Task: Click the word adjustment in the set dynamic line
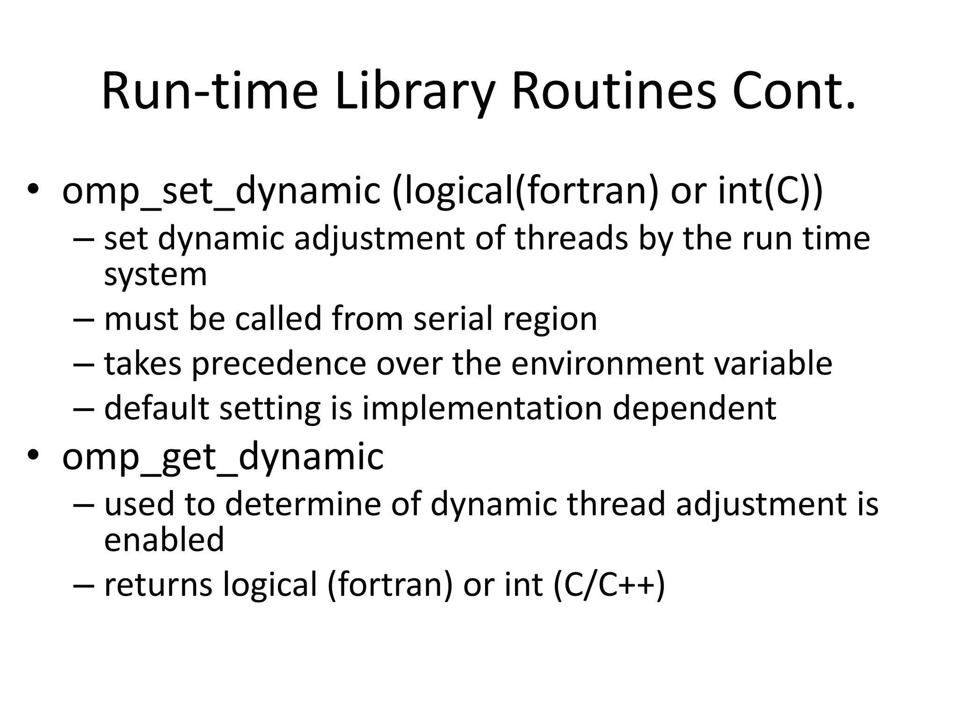click(x=379, y=239)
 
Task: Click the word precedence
click(x=279, y=364)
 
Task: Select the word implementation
click(x=482, y=408)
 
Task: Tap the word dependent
click(x=695, y=408)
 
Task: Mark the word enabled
click(x=164, y=540)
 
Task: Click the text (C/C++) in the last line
click(x=609, y=585)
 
